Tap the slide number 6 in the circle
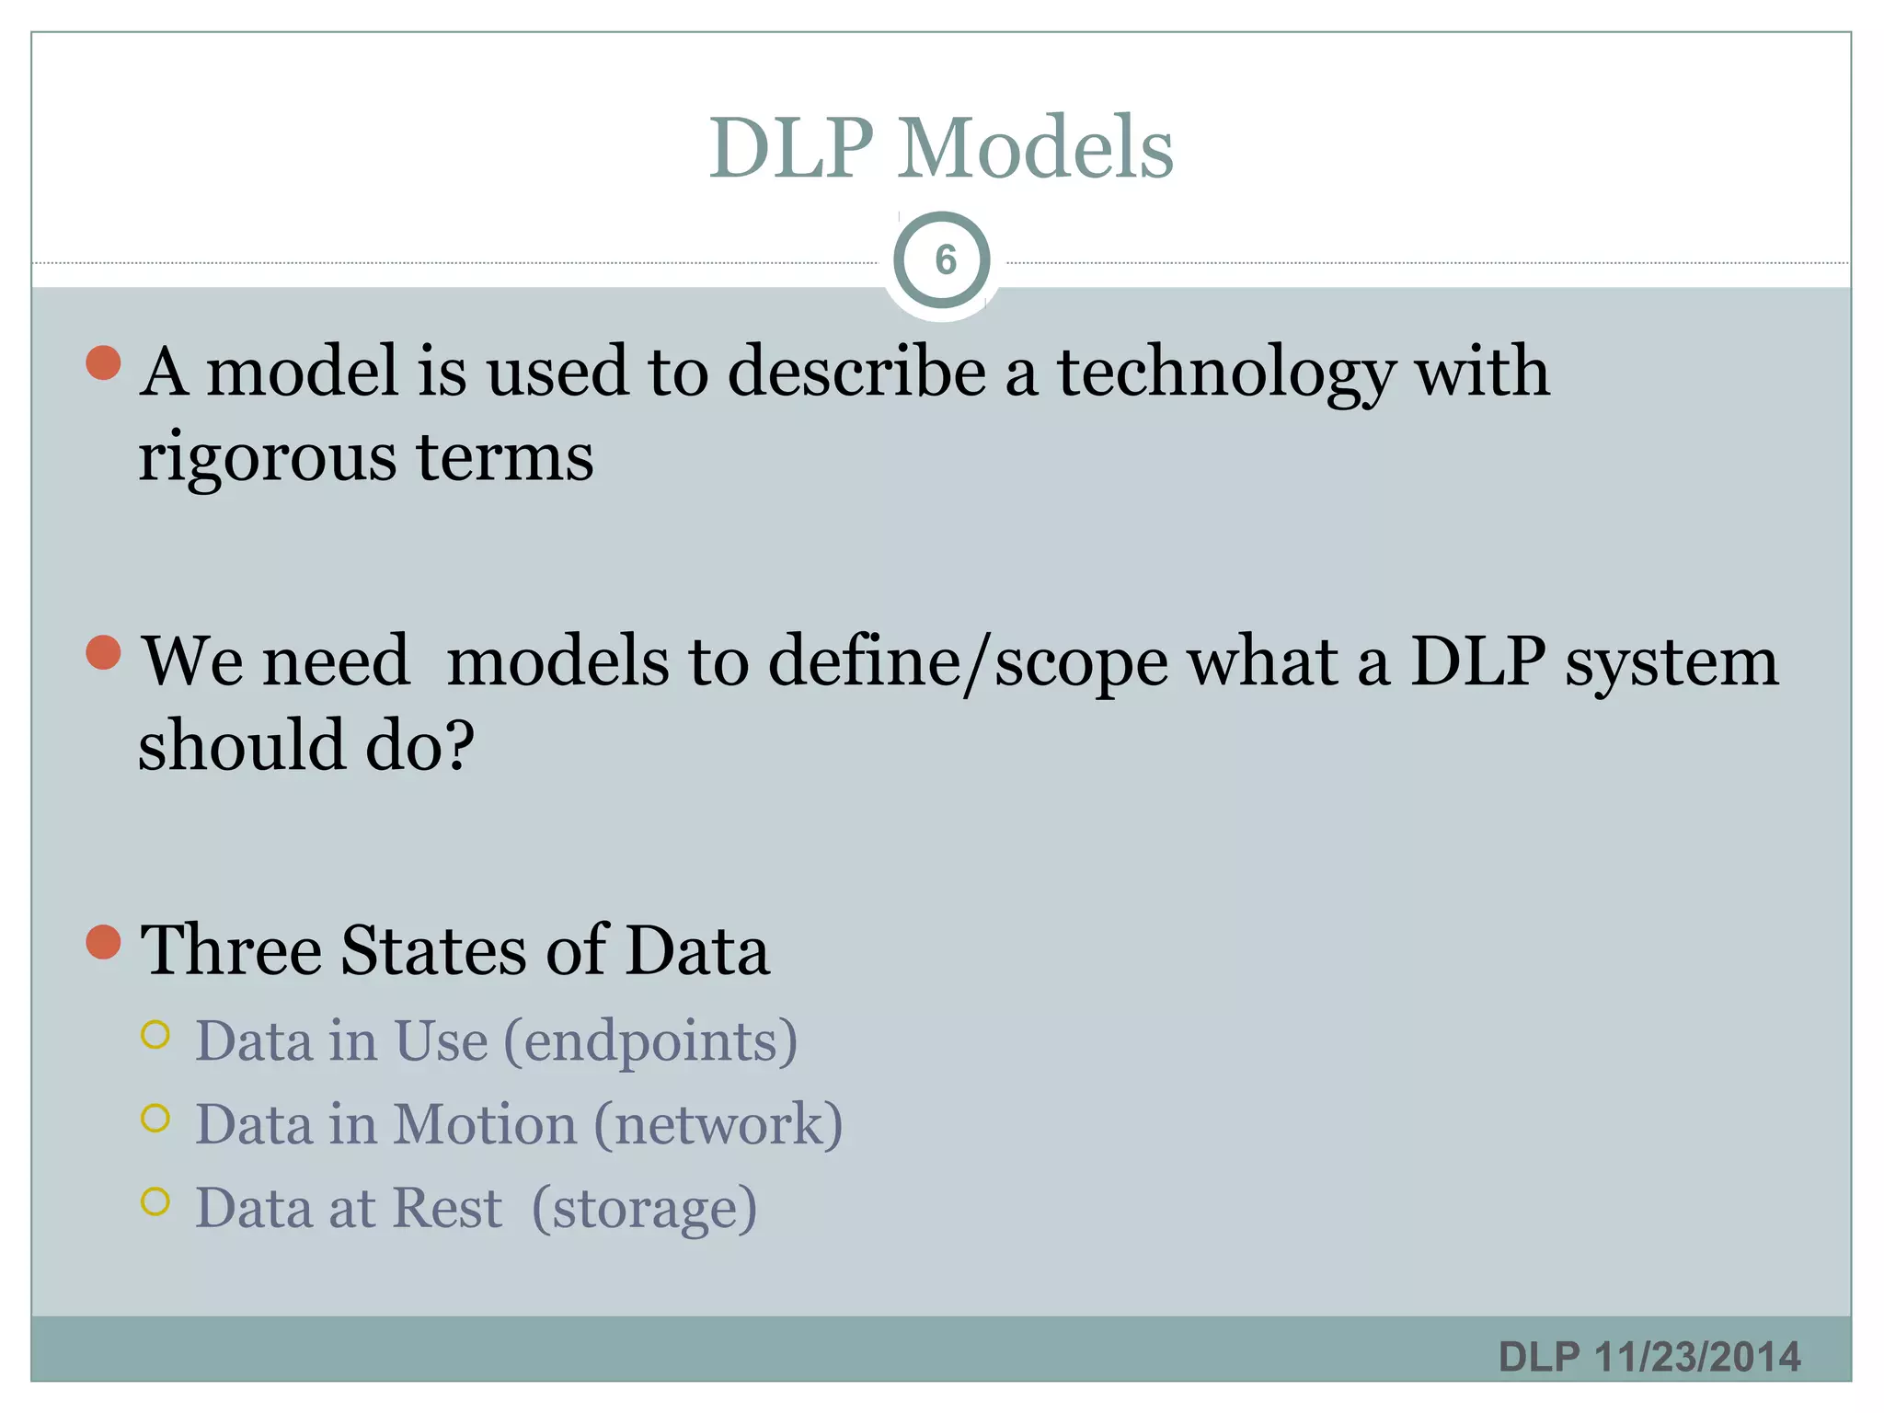click(945, 260)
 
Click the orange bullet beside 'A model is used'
click(104, 363)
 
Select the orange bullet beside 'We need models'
click(104, 653)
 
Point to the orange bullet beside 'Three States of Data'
click(104, 942)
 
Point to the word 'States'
click(434, 951)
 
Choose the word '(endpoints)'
click(651, 1041)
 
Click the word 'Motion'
click(486, 1124)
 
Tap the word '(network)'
click(718, 1124)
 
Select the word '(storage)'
click(644, 1209)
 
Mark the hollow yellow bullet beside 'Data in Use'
click(156, 1035)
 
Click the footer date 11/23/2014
click(1697, 1357)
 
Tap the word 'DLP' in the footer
click(1538, 1357)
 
